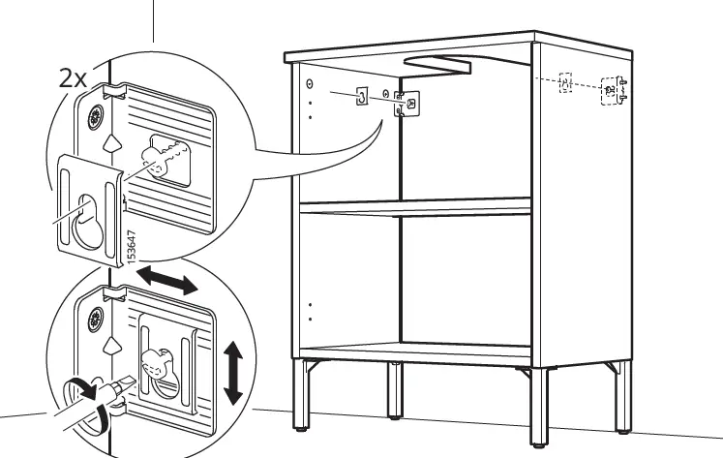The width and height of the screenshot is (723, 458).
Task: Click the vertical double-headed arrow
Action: coord(232,372)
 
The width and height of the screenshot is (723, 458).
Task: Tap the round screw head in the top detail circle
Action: coord(96,120)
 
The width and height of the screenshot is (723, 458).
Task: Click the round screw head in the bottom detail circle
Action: coord(96,319)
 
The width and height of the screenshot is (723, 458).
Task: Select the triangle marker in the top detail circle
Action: coord(112,145)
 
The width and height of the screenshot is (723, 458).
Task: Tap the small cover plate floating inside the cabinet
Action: coord(361,97)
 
